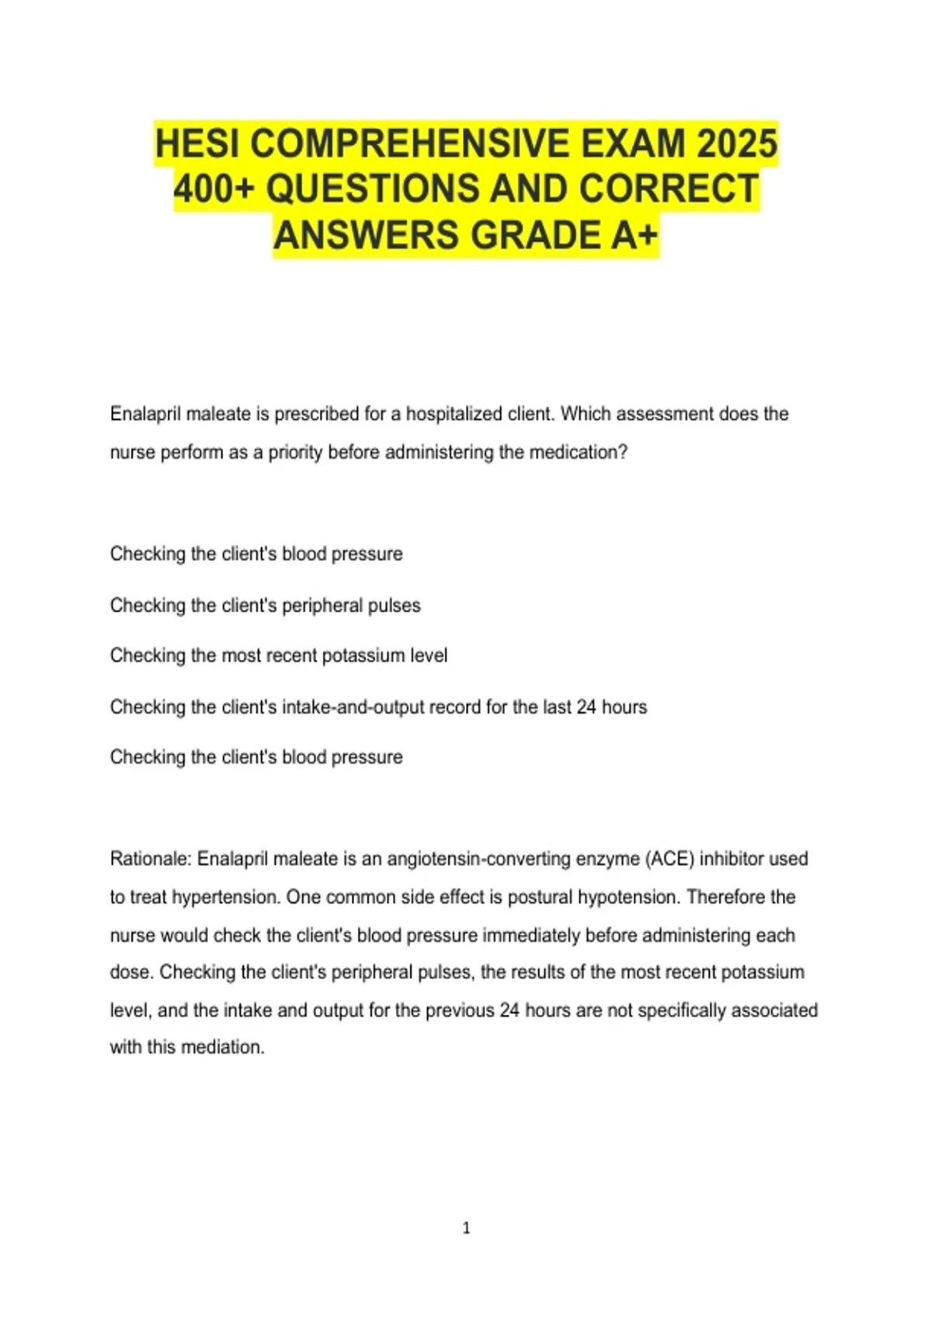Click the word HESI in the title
197,144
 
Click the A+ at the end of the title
634,235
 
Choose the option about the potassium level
279,655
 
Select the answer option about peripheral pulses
265,605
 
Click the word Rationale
151,859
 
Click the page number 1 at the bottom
466,1228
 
